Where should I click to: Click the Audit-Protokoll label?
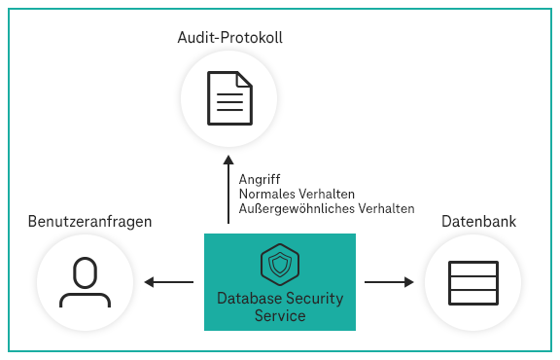click(229, 37)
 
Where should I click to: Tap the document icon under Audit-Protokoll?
click(229, 97)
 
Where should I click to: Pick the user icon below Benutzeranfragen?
click(85, 282)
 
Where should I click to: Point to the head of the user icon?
click(85, 271)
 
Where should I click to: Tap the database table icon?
click(472, 283)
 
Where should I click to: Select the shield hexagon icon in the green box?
click(279, 264)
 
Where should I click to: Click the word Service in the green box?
click(280, 315)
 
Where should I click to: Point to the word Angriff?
click(260, 179)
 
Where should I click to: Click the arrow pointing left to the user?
click(168, 283)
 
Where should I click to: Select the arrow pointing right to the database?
click(389, 283)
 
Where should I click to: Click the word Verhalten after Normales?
click(326, 194)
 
